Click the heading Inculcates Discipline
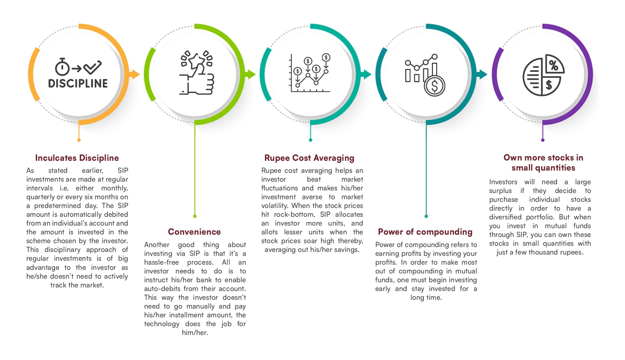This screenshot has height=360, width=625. [x=77, y=158]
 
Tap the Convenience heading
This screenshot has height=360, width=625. [x=194, y=232]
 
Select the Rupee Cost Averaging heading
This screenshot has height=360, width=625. [x=309, y=158]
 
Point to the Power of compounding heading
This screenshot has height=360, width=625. [x=425, y=232]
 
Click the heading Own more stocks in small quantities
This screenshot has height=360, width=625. [x=543, y=163]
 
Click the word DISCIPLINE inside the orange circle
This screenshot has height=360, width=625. [x=78, y=84]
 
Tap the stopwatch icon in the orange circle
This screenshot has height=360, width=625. [x=62, y=67]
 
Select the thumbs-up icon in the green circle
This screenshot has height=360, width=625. [x=197, y=73]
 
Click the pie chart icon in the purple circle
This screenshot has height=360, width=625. [x=543, y=75]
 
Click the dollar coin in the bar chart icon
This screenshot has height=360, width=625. [x=435, y=86]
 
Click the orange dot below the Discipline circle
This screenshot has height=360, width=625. [x=79, y=140]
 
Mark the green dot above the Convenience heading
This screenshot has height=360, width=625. [x=195, y=216]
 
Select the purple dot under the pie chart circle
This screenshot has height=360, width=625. [x=543, y=140]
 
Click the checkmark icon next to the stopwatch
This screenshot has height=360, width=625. [x=92, y=67]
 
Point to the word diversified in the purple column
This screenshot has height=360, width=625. [x=505, y=217]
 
